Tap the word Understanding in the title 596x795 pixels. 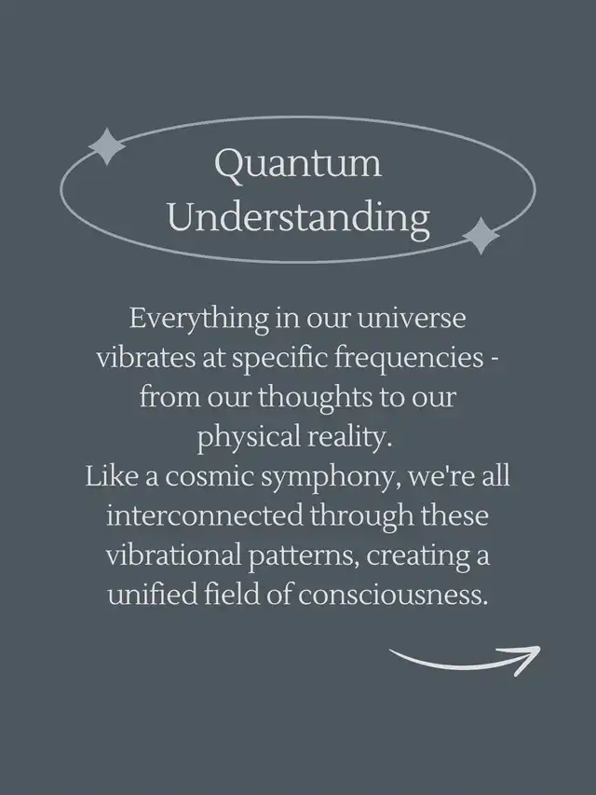click(x=299, y=218)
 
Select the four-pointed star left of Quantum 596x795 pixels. click(x=107, y=146)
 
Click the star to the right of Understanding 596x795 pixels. click(x=481, y=236)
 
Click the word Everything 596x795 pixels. click(x=198, y=320)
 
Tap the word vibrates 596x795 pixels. click(x=146, y=358)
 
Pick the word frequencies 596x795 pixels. click(x=409, y=359)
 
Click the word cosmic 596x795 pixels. click(x=209, y=477)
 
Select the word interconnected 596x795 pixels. click(x=204, y=516)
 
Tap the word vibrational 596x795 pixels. click(x=173, y=555)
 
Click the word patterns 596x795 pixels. click(x=305, y=557)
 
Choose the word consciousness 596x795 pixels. click(x=392, y=596)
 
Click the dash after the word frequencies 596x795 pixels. click(x=494, y=361)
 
